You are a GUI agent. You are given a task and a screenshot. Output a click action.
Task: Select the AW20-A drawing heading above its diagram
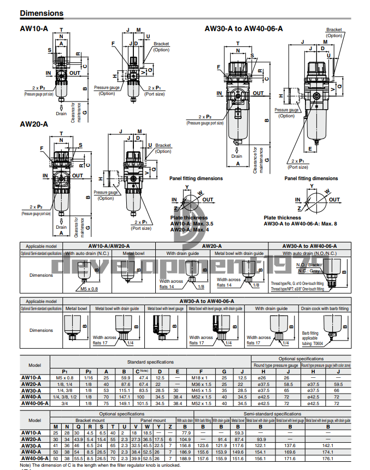click(34, 124)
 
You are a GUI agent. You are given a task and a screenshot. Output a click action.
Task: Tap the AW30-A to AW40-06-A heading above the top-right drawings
click(243, 28)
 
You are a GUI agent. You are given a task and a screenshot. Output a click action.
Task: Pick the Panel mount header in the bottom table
click(152, 420)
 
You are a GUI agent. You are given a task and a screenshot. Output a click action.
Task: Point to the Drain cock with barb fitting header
click(324, 308)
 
